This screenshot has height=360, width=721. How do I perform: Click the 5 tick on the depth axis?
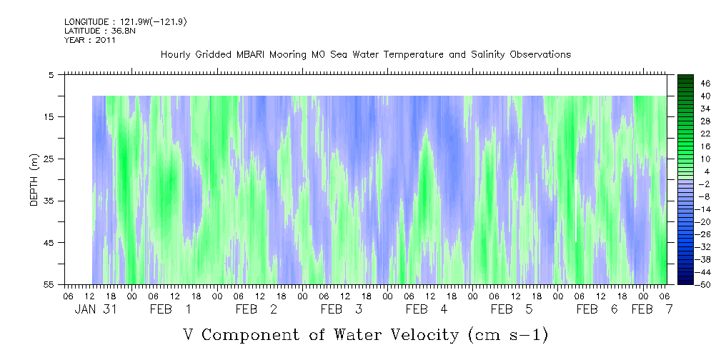(x=51, y=74)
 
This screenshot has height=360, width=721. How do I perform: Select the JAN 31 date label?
(x=95, y=309)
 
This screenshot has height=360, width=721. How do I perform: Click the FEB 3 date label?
(x=342, y=309)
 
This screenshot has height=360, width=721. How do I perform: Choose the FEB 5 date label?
(x=512, y=309)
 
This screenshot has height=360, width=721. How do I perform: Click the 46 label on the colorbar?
(x=685, y=83)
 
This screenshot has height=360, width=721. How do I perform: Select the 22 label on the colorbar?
(x=685, y=133)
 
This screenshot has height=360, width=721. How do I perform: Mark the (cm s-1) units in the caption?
(x=506, y=334)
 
